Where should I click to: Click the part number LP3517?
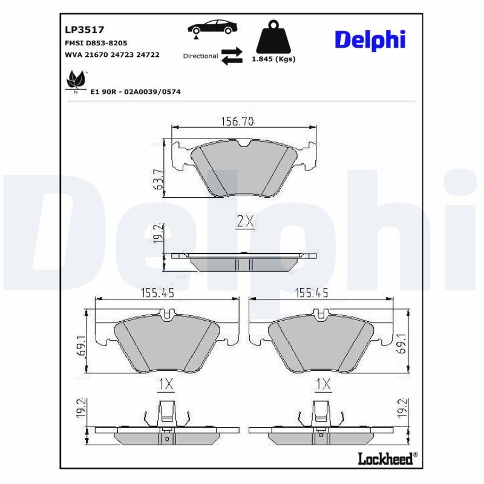(85, 29)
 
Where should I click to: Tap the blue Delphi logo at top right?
(370, 40)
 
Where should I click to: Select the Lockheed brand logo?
(385, 459)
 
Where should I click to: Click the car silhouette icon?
(212, 27)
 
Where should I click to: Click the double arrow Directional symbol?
(231, 56)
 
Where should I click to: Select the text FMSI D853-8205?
(96, 44)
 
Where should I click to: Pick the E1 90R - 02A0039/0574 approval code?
(136, 91)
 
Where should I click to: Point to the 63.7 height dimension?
(159, 180)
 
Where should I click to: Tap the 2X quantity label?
(245, 221)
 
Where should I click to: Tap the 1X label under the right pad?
(323, 384)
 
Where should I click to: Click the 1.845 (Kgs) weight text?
(273, 59)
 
